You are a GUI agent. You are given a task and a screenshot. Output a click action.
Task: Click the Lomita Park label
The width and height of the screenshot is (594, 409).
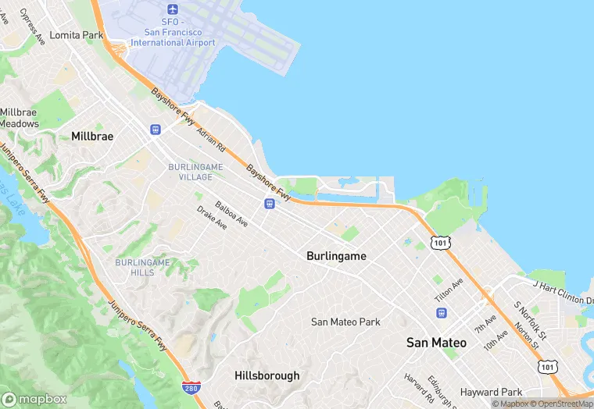(76, 35)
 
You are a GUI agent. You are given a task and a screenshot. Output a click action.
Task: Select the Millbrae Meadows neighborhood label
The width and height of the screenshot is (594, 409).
(19, 118)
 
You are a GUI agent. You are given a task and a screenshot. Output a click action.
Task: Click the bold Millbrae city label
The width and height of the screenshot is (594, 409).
(92, 136)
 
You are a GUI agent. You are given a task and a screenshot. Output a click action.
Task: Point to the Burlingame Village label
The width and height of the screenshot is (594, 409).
(195, 172)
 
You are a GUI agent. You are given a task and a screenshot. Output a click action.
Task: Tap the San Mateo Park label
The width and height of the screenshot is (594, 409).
(345, 322)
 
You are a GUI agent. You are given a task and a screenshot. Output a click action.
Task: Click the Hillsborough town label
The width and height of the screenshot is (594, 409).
(267, 375)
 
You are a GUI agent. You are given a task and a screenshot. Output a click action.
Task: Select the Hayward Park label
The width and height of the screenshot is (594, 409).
(491, 392)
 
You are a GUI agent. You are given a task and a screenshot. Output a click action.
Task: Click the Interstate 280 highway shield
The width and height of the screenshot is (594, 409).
(189, 388)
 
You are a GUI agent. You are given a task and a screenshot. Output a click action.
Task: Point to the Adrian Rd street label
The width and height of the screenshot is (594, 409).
(211, 140)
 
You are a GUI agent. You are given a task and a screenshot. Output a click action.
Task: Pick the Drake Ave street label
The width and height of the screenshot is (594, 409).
(212, 218)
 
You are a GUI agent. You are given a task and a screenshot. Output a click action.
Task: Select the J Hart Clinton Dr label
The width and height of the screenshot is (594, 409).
(561, 279)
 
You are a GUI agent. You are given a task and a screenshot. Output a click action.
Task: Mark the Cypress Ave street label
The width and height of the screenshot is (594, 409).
(33, 26)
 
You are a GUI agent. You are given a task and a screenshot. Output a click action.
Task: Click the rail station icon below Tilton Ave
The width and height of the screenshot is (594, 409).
(442, 313)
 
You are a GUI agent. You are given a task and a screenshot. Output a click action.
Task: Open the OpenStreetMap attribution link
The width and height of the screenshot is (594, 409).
(560, 404)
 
